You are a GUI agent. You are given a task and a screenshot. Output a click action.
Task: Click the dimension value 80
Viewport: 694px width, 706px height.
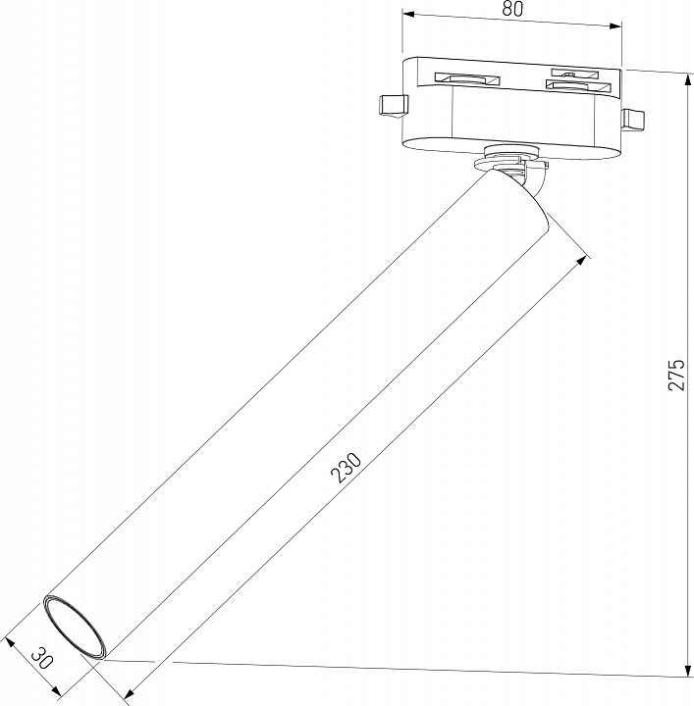pyautogui.click(x=512, y=9)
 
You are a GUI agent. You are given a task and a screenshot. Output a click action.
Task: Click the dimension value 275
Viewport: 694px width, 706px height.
pyautogui.click(x=676, y=375)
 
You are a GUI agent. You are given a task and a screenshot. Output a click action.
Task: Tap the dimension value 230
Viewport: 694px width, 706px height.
pyautogui.click(x=346, y=468)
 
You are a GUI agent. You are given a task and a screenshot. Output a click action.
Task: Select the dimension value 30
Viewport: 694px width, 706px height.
pyautogui.click(x=43, y=659)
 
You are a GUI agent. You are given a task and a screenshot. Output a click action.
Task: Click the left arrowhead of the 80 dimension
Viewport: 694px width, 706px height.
pyautogui.click(x=408, y=15)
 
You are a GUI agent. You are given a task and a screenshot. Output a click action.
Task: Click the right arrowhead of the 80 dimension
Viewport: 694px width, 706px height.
pyautogui.click(x=615, y=25)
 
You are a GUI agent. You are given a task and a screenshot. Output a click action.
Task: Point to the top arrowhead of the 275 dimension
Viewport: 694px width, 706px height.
pyautogui.click(x=688, y=81)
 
